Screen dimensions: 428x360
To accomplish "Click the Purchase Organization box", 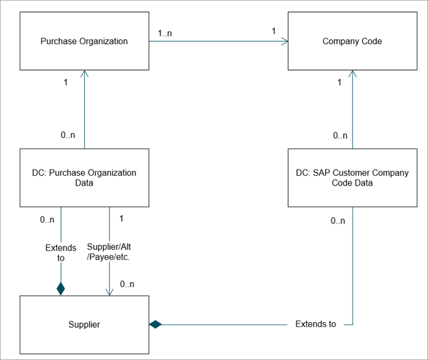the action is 84,41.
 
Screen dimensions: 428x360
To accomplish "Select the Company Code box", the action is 352,41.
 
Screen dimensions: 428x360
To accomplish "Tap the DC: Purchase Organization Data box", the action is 84,178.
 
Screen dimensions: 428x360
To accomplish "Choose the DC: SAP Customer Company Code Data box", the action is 352,178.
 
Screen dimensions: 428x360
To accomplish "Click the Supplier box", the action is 84,325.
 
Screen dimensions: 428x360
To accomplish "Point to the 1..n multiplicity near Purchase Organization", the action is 165,34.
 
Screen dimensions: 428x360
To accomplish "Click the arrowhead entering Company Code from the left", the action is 284,41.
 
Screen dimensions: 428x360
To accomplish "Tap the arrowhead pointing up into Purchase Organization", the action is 84,74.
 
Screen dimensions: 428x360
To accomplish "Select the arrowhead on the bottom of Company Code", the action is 352,74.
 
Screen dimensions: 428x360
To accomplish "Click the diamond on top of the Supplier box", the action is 61,289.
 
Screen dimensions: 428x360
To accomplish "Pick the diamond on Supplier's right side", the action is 156,324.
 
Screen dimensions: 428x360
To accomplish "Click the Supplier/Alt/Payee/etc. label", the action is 109,251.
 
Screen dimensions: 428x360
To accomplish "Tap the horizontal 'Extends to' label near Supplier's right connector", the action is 315,324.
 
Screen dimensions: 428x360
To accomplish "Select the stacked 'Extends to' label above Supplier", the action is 61,253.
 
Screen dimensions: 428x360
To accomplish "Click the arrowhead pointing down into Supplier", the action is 109,292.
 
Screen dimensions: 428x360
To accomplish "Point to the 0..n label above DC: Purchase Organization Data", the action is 68,135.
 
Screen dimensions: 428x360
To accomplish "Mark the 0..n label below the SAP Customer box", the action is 338,221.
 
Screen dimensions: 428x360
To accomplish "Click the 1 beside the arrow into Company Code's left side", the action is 274,31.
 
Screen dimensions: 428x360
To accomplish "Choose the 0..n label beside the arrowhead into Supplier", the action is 127,284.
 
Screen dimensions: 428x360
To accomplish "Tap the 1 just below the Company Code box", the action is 339,82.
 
